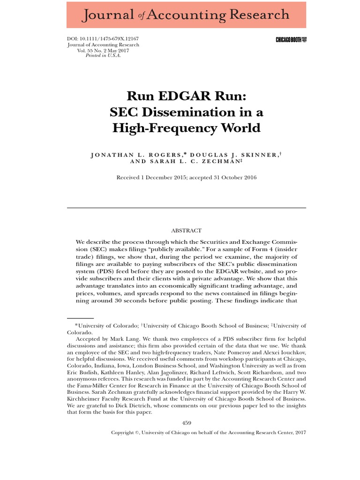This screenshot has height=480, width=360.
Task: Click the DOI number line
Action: [103, 39]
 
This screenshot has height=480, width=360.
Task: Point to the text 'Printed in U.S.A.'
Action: [103, 56]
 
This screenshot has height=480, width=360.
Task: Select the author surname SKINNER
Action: [257, 155]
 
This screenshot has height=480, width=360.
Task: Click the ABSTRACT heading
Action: [186, 230]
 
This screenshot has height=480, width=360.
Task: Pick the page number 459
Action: [186, 423]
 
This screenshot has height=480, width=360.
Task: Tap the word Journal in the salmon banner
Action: [108, 15]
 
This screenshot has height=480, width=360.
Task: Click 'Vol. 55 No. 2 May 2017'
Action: [103, 50]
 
